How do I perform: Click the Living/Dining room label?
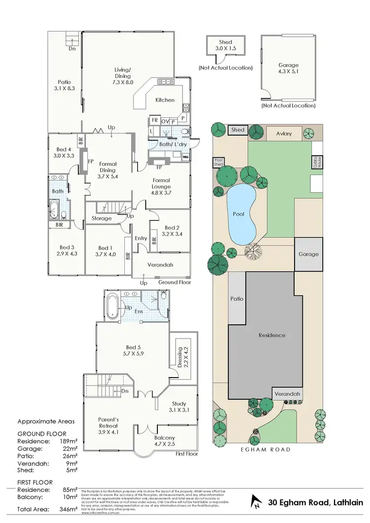point(123,76)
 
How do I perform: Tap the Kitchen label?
point(165,100)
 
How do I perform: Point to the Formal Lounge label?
point(161,183)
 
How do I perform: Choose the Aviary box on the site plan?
point(284,134)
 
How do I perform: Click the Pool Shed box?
point(218,162)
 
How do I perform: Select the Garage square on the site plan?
point(308,254)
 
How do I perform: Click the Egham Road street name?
point(266,450)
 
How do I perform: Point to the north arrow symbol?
point(257,503)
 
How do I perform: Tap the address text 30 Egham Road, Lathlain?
point(315,503)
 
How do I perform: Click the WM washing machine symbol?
point(186,157)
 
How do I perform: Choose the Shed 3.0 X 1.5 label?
point(225,46)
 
